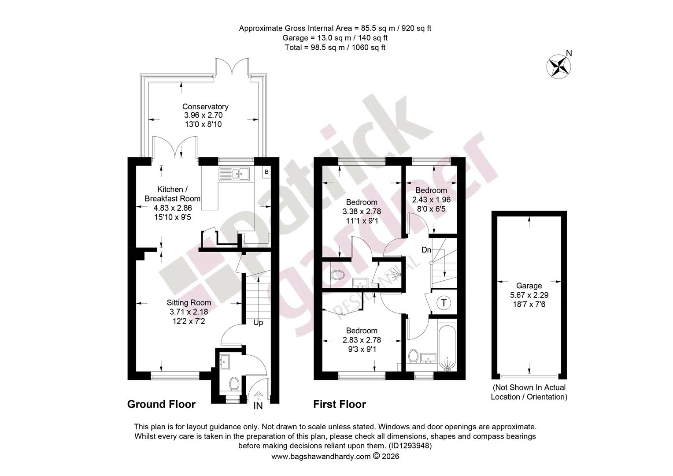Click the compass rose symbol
coord(558,67)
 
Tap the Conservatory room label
coord(205,107)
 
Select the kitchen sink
coord(234,174)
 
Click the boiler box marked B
coord(266,172)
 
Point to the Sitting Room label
coord(189,302)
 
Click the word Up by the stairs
coord(258,323)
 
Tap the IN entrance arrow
coord(258,395)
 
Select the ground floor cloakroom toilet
coord(234,384)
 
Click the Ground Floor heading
coord(161,404)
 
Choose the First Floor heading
coord(340,404)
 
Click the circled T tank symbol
coord(444,302)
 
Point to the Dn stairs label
coord(426,249)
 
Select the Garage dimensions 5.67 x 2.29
coord(529,295)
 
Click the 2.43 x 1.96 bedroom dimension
coord(431,200)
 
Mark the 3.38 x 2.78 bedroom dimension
coord(362,212)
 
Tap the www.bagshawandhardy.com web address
coord(321,457)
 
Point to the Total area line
coord(335,48)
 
